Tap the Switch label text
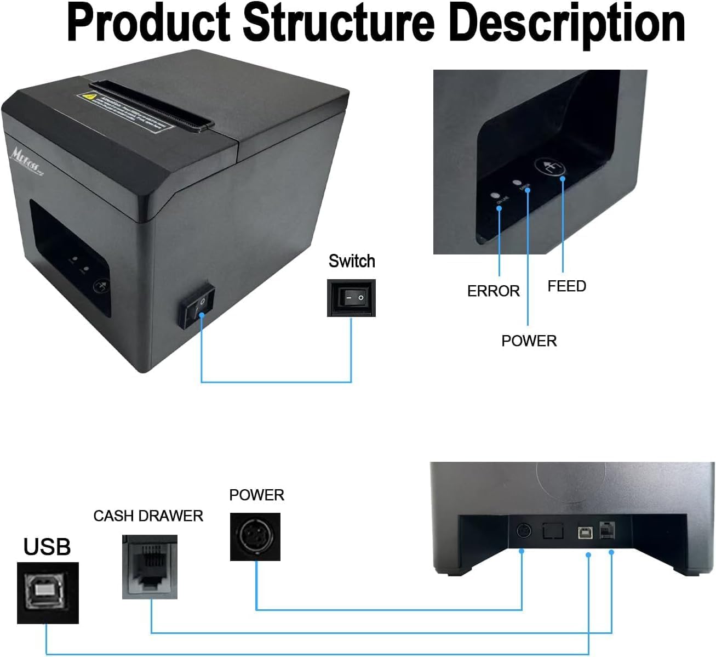coord(352,261)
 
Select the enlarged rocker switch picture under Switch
coord(351,298)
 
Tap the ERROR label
coord(493,291)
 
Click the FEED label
coord(566,286)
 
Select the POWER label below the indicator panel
coord(529,341)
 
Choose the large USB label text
coord(47,547)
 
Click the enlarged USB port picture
coord(48,593)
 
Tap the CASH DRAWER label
coord(148,516)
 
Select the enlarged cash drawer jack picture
coord(150,567)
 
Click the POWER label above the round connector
coord(256,495)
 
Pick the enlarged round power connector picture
coord(255,537)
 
